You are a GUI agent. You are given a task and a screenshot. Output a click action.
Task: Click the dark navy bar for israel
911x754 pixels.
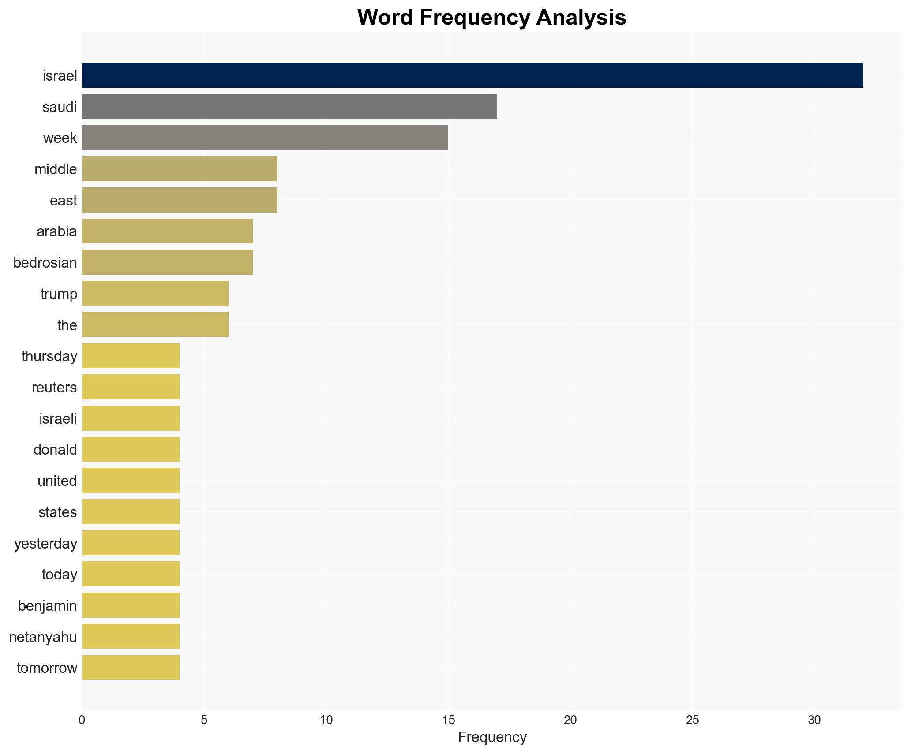(472, 75)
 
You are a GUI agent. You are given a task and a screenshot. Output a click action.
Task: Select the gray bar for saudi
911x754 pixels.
(289, 106)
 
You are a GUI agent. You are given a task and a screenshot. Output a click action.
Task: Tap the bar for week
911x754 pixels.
(265, 138)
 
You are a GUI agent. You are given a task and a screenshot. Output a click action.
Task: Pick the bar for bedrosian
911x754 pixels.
(167, 262)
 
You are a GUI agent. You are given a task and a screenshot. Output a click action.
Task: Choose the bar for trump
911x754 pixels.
(155, 294)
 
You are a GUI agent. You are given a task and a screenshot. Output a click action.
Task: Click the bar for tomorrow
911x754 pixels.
(131, 668)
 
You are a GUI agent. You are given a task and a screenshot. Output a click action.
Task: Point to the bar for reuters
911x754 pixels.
(131, 387)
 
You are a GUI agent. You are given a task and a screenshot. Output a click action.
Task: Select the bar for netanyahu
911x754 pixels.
(131, 636)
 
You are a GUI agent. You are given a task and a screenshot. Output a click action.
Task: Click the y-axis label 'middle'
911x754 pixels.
(56, 169)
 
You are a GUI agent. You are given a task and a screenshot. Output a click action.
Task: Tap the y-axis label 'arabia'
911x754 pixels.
(56, 231)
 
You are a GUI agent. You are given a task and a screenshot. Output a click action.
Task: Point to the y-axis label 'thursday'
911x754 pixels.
(49, 356)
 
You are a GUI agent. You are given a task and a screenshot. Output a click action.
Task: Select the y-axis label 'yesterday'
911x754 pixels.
(45, 543)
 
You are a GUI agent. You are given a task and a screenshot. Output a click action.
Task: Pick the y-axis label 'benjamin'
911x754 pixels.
(47, 606)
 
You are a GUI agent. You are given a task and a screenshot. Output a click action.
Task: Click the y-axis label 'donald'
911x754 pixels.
(55, 450)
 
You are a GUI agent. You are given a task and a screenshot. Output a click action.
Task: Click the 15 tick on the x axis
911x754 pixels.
(448, 720)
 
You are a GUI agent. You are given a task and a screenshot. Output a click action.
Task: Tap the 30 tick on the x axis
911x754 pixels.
(814, 720)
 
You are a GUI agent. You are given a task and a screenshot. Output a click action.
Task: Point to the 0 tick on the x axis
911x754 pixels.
(82, 720)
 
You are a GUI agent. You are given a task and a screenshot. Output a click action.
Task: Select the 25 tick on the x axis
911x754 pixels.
(692, 720)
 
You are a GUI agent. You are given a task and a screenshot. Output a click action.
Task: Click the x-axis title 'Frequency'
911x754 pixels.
(492, 737)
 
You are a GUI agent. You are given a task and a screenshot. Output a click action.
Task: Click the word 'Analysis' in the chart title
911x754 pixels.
(581, 18)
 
